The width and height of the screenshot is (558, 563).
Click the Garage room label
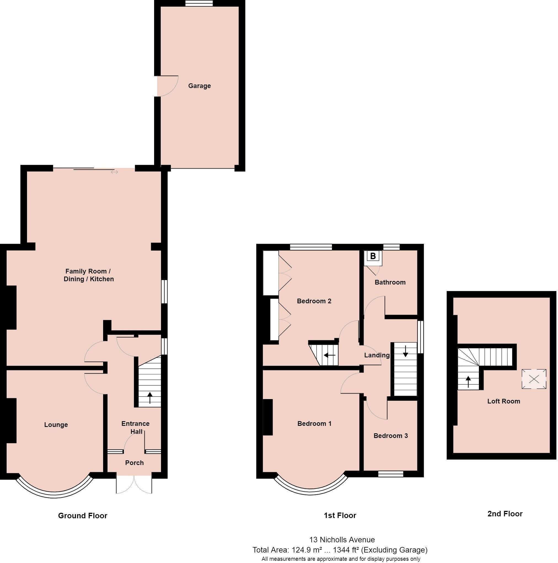click(x=199, y=86)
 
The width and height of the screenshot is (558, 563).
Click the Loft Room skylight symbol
click(x=533, y=379)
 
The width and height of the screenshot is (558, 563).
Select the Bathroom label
click(x=390, y=282)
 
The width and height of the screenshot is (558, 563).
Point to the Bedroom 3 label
click(x=390, y=436)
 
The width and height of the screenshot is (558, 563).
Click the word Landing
click(x=377, y=355)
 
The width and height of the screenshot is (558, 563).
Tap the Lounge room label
click(x=56, y=424)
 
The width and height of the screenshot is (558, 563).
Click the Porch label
click(x=134, y=463)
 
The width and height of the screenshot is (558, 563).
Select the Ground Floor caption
click(x=83, y=516)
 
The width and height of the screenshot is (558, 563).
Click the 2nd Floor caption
click(x=505, y=513)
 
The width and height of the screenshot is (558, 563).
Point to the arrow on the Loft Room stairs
click(x=468, y=382)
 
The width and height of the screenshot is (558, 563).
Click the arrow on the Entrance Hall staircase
click(x=150, y=398)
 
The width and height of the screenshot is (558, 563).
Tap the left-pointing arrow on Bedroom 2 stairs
click(x=329, y=355)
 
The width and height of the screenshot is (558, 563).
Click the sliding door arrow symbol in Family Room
click(x=114, y=172)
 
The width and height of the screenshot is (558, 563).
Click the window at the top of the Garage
click(x=199, y=3)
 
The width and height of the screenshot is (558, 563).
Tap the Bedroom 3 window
click(x=391, y=474)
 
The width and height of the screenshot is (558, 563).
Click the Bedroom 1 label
click(x=314, y=423)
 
